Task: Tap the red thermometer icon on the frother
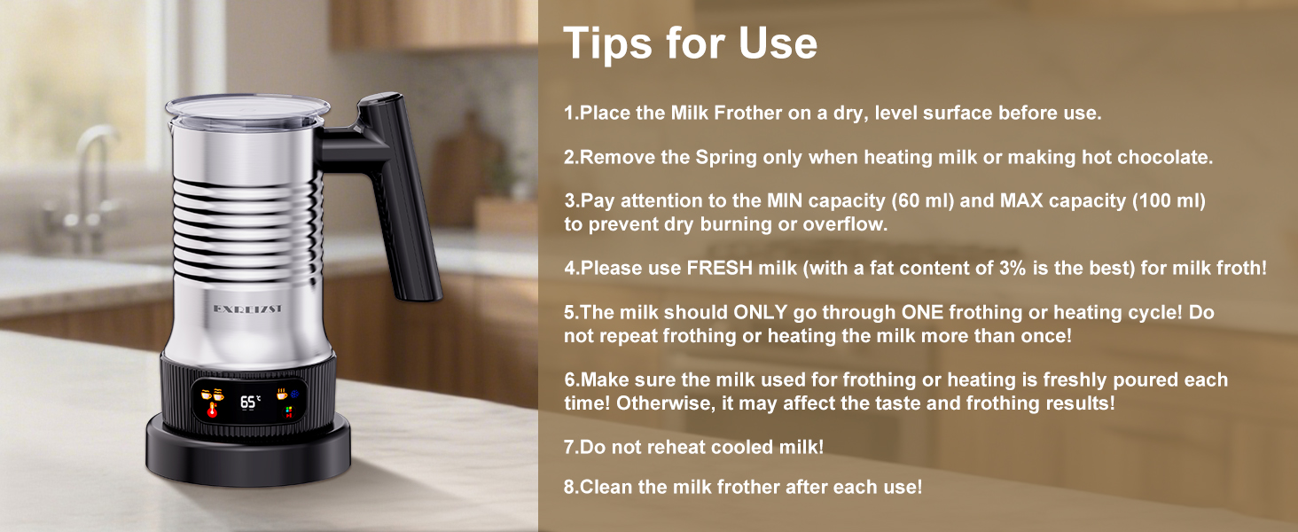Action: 212,411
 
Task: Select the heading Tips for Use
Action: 690,43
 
